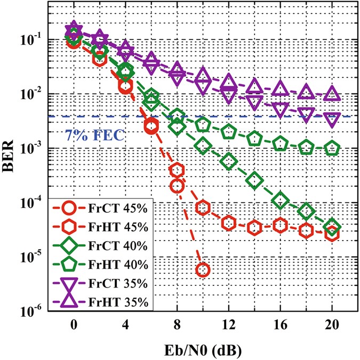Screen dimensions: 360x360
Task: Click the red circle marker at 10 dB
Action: (x=203, y=270)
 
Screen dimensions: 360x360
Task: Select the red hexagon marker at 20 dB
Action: (x=332, y=233)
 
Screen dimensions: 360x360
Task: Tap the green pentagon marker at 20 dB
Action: (x=332, y=148)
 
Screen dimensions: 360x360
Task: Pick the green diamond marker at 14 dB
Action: (x=254, y=180)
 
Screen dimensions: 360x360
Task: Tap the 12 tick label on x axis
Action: (x=228, y=326)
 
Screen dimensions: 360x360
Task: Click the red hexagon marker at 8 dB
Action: (x=177, y=170)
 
